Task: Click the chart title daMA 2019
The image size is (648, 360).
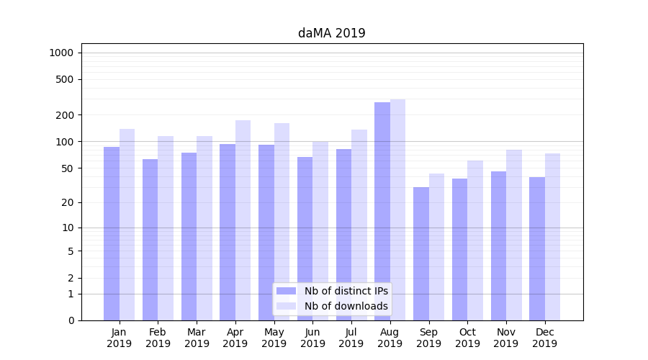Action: [x=331, y=33]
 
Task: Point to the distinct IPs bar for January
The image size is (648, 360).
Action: [x=112, y=234]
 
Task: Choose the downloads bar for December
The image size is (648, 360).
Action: [x=552, y=238]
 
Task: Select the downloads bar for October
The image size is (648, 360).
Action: [x=475, y=241]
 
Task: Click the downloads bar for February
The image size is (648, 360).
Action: [x=166, y=227]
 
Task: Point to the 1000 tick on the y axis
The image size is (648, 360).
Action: [x=61, y=53]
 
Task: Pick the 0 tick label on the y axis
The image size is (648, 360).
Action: [x=71, y=320]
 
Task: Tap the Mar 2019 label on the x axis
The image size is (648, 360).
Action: [x=197, y=338]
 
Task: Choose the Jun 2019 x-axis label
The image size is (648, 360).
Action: [x=312, y=338]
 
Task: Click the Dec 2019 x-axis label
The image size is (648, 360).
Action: [x=544, y=338]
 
